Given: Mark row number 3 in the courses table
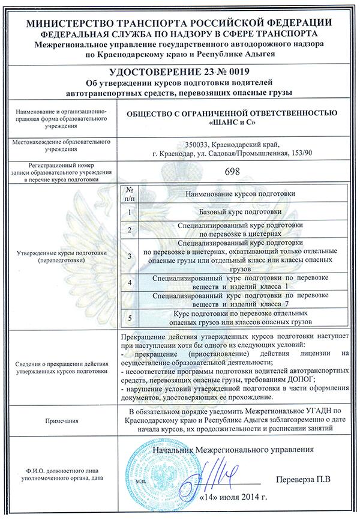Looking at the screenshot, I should tap(130, 256).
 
